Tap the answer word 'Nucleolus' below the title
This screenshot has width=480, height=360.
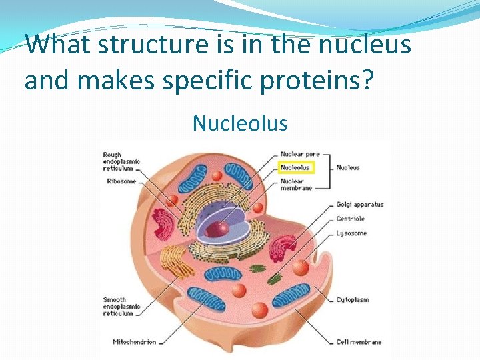(x=240, y=123)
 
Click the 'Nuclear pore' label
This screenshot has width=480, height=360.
(x=300, y=155)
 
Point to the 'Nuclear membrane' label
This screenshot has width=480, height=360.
(x=296, y=184)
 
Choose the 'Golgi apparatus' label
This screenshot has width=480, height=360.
(x=360, y=204)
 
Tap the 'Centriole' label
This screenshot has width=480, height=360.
(x=351, y=219)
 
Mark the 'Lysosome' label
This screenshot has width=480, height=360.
(x=351, y=233)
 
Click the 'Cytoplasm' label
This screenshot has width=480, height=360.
(x=352, y=299)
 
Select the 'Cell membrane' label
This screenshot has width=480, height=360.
(x=359, y=342)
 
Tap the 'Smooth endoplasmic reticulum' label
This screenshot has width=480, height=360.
(x=119, y=307)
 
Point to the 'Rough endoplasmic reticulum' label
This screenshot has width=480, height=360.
(x=121, y=161)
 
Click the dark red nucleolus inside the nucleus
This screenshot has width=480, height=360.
(x=218, y=229)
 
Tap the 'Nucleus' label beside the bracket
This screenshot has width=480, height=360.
(x=347, y=167)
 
